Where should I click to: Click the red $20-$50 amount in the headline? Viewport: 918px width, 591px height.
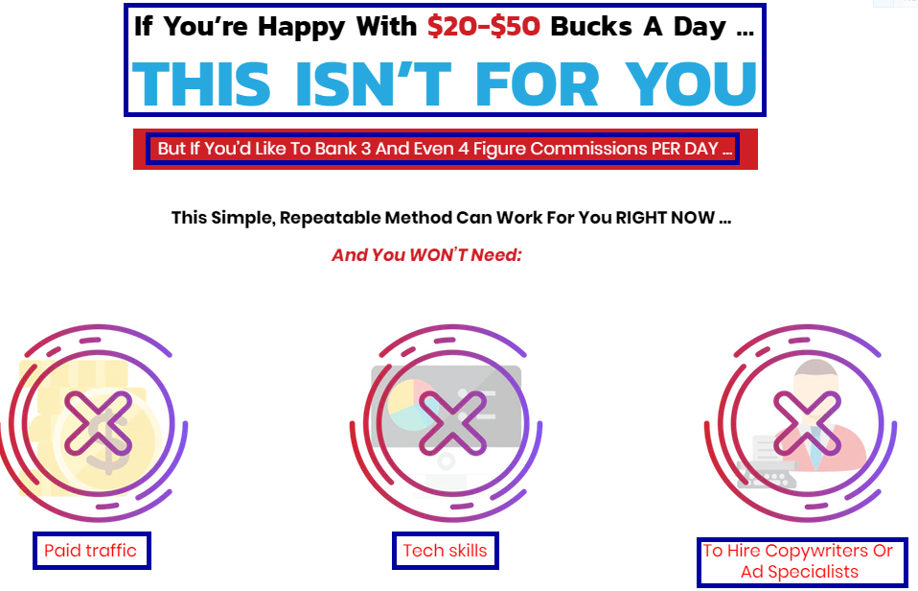click(x=484, y=27)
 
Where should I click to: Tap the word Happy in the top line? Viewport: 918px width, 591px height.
click(x=302, y=28)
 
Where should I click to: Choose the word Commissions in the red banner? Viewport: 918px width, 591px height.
click(x=587, y=149)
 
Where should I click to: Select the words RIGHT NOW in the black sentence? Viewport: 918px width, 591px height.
click(x=665, y=218)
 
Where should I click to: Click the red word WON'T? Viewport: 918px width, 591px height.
click(x=438, y=255)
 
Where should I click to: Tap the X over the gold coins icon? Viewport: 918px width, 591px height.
click(x=98, y=423)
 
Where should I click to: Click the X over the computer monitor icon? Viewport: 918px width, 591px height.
click(x=452, y=423)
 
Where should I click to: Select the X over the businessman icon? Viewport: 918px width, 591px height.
click(x=807, y=423)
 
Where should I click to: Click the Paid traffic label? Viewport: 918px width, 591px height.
click(x=90, y=551)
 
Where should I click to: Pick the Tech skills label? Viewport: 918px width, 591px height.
click(x=445, y=551)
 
